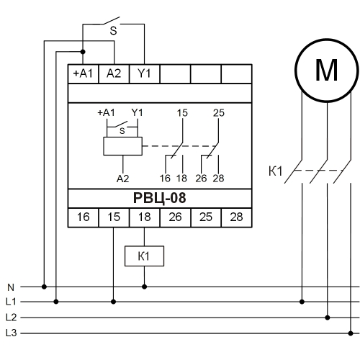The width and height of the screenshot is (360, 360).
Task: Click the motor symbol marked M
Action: pos(327,71)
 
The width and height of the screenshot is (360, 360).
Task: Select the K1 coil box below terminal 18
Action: pos(144,256)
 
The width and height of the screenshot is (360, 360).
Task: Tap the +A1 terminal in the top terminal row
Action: pos(83,73)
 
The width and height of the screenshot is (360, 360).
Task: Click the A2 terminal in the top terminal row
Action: pos(114,73)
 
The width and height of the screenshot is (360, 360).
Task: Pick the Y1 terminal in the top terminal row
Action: pos(144,73)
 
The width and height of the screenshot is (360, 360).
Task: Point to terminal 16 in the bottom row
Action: pos(83,217)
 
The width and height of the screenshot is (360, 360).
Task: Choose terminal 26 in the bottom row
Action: pos(175,217)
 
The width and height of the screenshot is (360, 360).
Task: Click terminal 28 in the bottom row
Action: pos(237,217)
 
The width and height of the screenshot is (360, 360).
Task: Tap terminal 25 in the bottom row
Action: pos(206,217)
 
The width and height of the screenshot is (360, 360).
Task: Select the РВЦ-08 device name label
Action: pos(160,198)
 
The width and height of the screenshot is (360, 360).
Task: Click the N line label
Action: pos(11,287)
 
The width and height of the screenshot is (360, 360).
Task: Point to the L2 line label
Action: pos(11,318)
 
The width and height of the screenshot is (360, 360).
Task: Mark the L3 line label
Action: pos(11,333)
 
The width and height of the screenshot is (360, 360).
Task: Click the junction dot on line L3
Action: pos(351,333)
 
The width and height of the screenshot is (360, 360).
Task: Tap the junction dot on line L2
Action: pos(328,318)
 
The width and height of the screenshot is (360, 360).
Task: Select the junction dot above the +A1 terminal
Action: pos(83,52)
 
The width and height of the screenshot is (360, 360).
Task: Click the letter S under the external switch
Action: pos(113,31)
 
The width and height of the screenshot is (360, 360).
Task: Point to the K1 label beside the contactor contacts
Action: pos(275,171)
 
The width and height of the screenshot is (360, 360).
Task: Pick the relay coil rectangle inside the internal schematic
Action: pos(122,146)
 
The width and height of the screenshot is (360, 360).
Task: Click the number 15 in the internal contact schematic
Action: pos(182,113)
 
